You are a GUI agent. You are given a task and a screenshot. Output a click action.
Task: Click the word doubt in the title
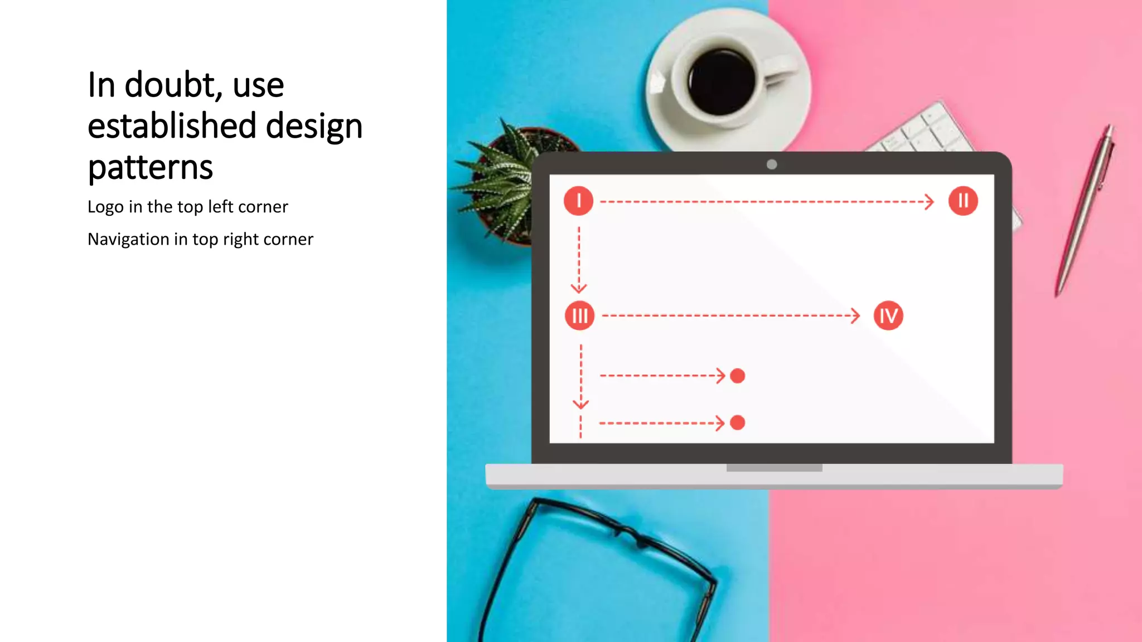[x=170, y=85]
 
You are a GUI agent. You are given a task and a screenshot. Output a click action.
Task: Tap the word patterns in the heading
[x=150, y=167]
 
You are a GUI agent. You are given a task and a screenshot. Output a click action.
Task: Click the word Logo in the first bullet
[x=105, y=207]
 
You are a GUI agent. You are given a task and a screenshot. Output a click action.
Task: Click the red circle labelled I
[x=578, y=201]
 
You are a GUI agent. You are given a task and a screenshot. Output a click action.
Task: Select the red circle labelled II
[x=963, y=201]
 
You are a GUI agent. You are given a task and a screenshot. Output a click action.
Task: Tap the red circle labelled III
[x=579, y=316]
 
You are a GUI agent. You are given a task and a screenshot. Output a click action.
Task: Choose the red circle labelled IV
[x=888, y=316]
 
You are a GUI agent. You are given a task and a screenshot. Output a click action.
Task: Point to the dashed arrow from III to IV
[x=730, y=316]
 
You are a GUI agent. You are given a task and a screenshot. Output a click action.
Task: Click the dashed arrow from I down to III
[x=579, y=259]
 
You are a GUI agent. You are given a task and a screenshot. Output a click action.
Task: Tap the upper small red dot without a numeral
[x=737, y=376]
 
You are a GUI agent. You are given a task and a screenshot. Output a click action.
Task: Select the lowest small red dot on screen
[x=737, y=423]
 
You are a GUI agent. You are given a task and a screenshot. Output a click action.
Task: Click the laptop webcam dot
[x=772, y=164]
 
